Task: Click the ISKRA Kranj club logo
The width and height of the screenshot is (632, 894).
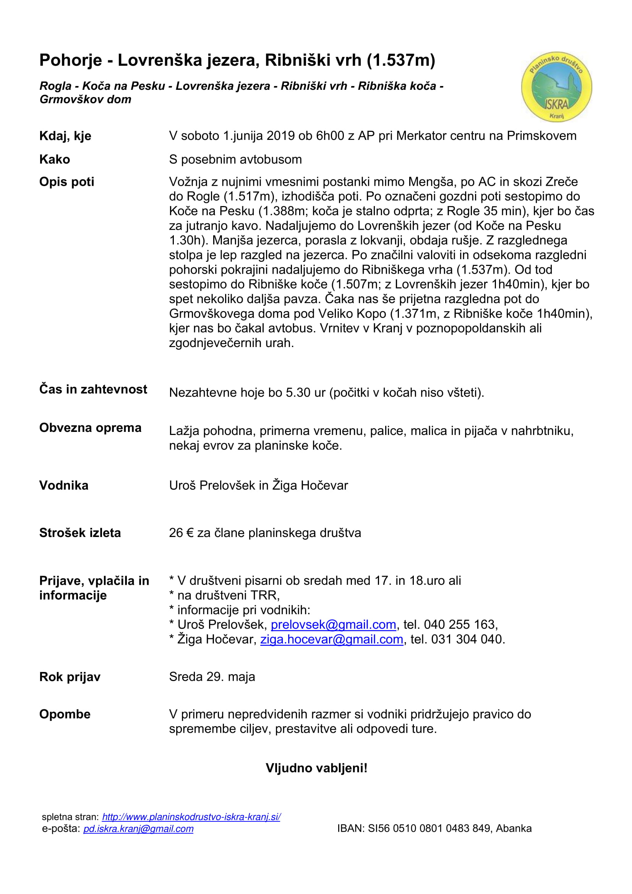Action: point(556,87)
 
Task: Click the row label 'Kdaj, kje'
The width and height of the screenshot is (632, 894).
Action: point(65,136)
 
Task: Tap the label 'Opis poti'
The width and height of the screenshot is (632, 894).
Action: point(66,182)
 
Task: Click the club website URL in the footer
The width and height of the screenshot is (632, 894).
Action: point(191,817)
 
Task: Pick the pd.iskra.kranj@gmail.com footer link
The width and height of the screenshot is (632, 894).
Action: point(138,829)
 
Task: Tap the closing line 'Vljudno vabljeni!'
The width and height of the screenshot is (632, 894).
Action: point(316,768)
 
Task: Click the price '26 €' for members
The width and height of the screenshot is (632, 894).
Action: point(181,533)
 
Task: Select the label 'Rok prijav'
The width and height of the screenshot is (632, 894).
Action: point(70,677)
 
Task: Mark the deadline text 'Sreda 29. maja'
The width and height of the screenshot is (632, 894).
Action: point(212,677)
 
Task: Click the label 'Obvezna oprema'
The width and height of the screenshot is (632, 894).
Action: point(90,428)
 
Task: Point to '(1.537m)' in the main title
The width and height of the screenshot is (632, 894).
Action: point(401,60)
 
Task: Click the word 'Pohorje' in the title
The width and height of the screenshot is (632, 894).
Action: point(70,60)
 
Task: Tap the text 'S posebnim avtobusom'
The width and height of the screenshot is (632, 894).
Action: point(235,159)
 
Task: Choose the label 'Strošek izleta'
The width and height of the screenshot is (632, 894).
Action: point(80,533)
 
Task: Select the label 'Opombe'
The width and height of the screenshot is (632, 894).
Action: point(65,714)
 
